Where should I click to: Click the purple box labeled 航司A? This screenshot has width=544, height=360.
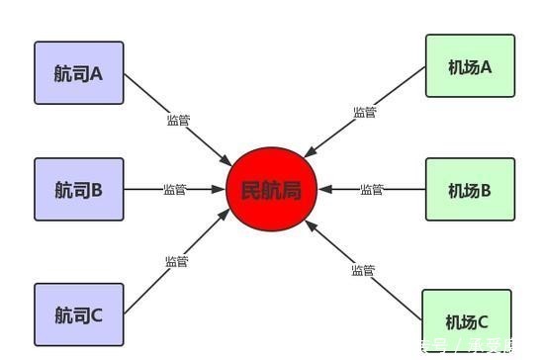coord(79,73)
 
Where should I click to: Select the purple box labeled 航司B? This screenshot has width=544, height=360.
coord(79,189)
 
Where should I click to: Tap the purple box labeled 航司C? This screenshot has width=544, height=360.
coord(79,315)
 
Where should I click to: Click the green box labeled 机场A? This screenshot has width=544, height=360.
coord(470,66)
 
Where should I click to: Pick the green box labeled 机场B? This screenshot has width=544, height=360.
coord(470,190)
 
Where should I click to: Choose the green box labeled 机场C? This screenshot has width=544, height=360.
coord(467,321)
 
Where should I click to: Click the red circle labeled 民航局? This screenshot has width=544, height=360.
coord(271,189)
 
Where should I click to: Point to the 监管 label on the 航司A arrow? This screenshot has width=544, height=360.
coord(179,121)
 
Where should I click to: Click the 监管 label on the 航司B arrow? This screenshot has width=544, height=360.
coord(174,189)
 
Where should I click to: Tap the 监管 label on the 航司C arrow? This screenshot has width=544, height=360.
coord(177,262)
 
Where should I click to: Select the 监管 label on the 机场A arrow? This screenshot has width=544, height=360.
coord(365,112)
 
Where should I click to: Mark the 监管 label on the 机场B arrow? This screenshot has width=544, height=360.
coord(372,189)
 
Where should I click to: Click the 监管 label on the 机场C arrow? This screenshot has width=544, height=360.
coord(363,269)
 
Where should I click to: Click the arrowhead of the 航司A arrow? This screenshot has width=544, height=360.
coord(228,161)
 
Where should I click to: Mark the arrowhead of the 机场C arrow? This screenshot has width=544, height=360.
coord(310,224)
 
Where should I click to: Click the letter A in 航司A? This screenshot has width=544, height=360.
coord(97,73)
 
